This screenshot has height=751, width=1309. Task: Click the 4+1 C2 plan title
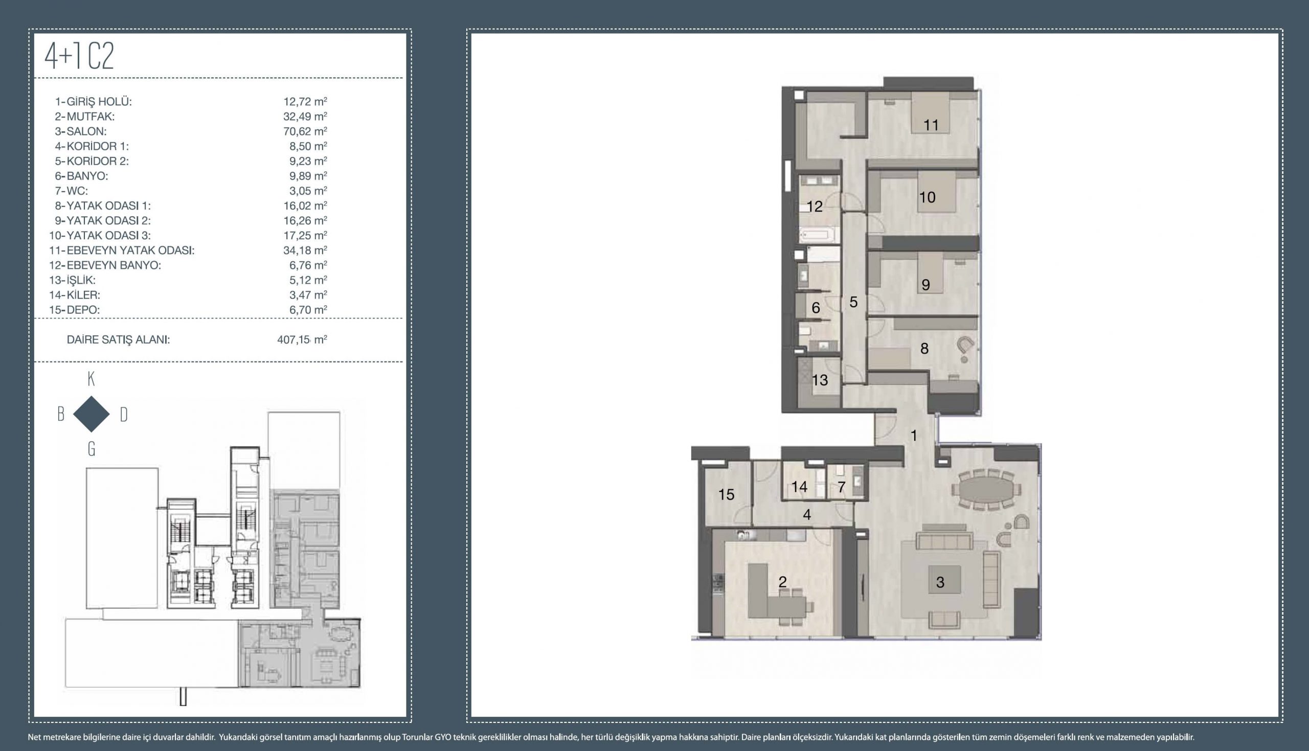click(x=79, y=56)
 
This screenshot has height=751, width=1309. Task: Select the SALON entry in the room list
click(x=81, y=131)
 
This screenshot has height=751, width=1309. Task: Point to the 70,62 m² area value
click(x=305, y=131)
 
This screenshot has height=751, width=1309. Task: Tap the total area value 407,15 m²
click(x=302, y=339)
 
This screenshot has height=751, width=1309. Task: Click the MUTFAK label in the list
click(x=85, y=117)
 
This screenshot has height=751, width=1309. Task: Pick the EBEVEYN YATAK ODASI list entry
click(x=122, y=251)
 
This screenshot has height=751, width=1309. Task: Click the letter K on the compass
click(x=92, y=379)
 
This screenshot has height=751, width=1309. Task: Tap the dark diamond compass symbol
click(x=92, y=414)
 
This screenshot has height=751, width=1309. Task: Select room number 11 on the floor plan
click(x=931, y=125)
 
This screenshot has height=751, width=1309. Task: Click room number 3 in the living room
click(x=940, y=582)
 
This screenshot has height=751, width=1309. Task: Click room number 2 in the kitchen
click(x=782, y=582)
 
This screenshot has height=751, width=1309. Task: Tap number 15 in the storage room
click(x=726, y=495)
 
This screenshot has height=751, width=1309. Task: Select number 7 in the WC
click(x=842, y=487)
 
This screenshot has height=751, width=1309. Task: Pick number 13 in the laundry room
click(x=820, y=380)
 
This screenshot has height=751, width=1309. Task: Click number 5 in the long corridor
click(x=853, y=302)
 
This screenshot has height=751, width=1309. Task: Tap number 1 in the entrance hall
click(x=914, y=436)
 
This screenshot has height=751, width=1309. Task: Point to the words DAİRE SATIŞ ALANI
click(x=119, y=340)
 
